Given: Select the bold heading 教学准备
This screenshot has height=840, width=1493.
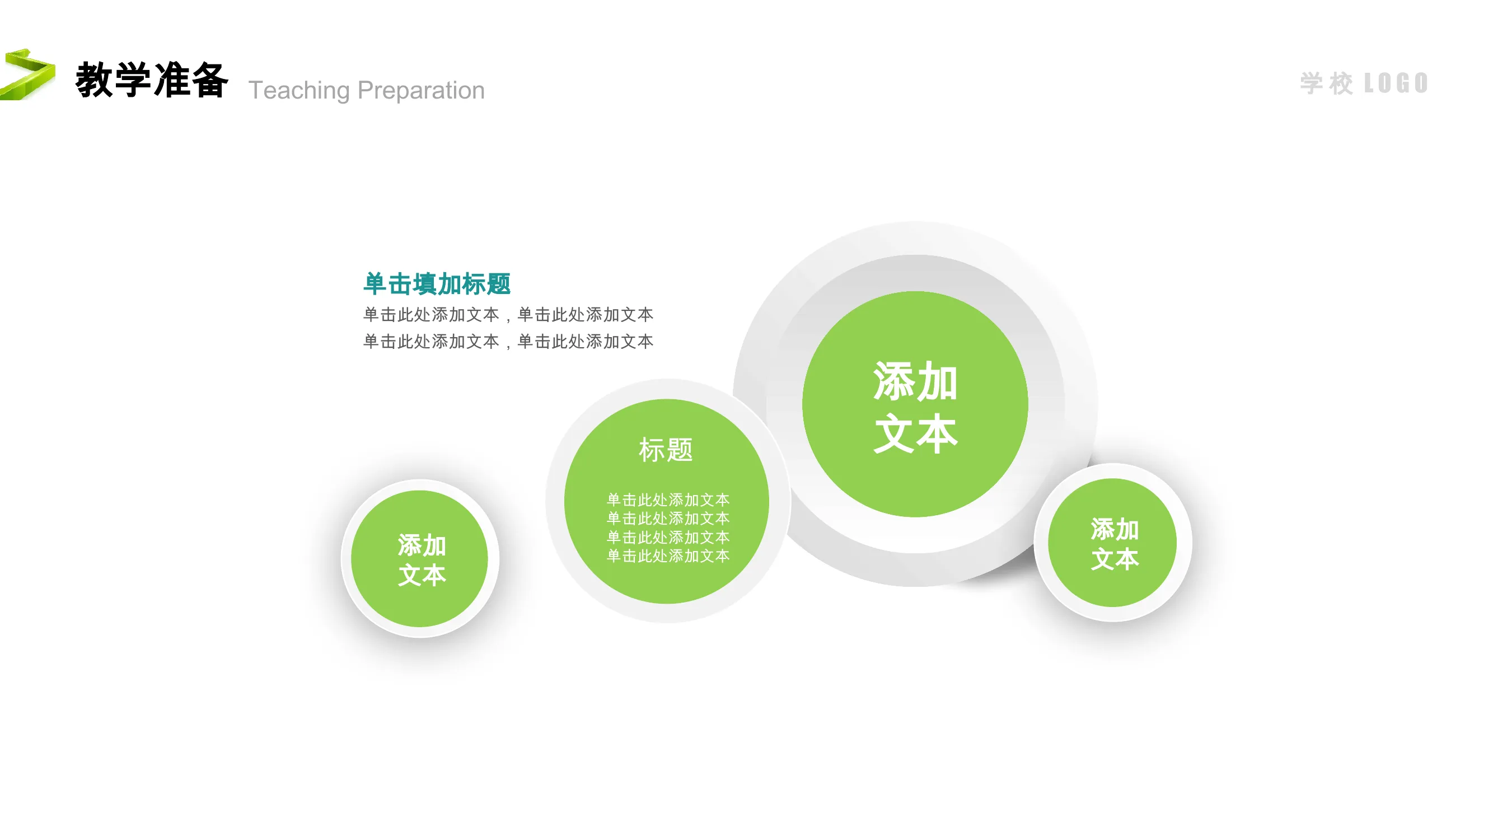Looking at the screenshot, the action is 152,80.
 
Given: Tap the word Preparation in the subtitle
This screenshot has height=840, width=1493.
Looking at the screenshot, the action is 422,90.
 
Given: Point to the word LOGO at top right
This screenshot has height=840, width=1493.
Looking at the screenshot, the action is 1396,83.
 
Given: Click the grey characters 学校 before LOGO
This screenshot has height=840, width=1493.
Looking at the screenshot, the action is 1327,83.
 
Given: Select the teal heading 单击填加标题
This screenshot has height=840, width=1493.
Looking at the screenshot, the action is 437,284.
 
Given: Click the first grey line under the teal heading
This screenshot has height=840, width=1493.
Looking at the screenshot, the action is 508,315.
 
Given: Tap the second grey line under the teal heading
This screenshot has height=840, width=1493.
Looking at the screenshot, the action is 508,342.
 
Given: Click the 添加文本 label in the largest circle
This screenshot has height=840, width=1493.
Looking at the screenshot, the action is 915,407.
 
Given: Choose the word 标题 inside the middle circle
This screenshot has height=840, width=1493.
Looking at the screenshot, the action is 666,450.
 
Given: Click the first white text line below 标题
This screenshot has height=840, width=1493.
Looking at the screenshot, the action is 668,500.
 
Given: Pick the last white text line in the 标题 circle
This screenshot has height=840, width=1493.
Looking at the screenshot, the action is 668,556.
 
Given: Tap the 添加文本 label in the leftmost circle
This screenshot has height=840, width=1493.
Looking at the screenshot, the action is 422,561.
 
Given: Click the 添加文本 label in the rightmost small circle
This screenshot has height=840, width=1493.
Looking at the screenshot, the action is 1115,544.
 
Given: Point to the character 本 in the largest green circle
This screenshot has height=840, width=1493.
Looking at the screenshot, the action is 937,433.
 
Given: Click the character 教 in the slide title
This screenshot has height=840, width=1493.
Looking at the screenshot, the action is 94,80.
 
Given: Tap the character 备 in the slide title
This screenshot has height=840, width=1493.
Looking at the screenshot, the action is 209,80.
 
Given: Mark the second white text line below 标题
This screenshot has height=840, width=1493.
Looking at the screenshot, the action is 668,518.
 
